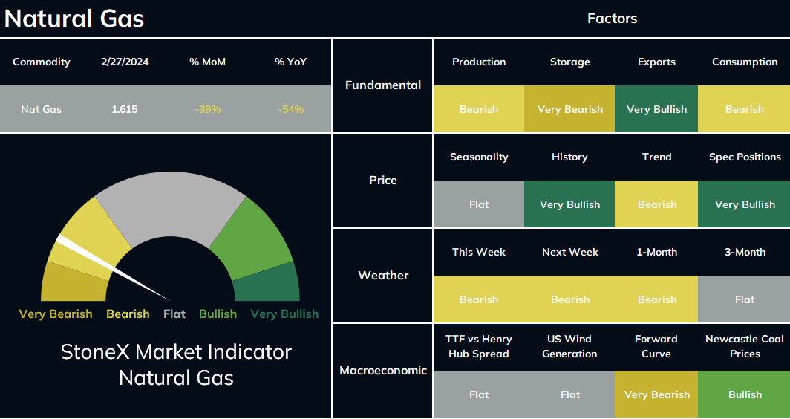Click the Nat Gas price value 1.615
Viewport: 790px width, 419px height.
(125, 109)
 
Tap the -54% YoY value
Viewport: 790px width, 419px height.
(291, 109)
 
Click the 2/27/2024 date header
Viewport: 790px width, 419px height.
(125, 62)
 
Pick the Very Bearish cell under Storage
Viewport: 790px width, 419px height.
(569, 109)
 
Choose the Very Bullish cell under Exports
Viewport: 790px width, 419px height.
(656, 109)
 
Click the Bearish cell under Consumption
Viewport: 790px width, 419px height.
(744, 109)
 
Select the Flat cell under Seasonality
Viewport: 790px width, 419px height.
(479, 204)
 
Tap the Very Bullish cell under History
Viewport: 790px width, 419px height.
(569, 204)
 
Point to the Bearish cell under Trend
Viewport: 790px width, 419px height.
(656, 204)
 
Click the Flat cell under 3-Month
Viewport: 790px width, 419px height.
(744, 299)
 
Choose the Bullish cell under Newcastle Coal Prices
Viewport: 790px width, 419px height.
(744, 394)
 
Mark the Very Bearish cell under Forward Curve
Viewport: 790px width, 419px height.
(656, 394)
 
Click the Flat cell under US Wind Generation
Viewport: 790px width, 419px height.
(569, 394)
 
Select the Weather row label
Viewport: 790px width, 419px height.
(383, 276)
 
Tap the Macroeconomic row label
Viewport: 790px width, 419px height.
(383, 371)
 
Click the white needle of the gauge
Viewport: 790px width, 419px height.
(114, 267)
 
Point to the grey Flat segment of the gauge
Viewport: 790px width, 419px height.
(170, 201)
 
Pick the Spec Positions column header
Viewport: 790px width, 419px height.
(745, 157)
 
